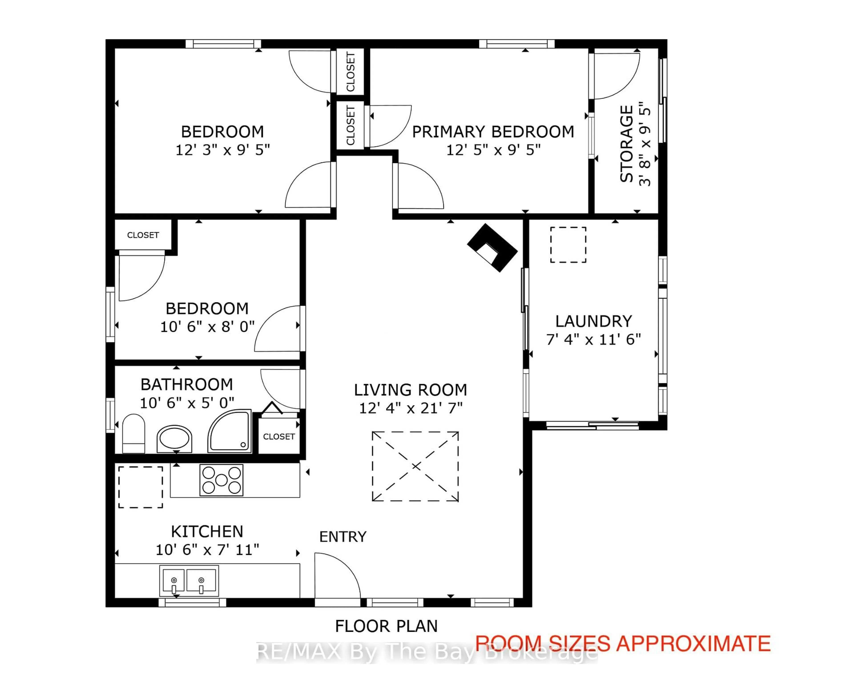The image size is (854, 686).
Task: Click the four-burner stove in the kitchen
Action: point(222,480)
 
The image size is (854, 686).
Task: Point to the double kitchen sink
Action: point(189,580)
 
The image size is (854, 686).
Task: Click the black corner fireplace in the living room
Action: point(492,247)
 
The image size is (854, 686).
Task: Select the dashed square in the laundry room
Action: point(568,245)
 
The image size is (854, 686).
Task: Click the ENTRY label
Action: point(343,537)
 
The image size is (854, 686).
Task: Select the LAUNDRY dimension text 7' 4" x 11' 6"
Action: point(593,339)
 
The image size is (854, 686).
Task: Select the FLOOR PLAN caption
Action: point(386,626)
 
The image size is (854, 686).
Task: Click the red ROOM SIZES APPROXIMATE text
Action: point(623,644)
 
